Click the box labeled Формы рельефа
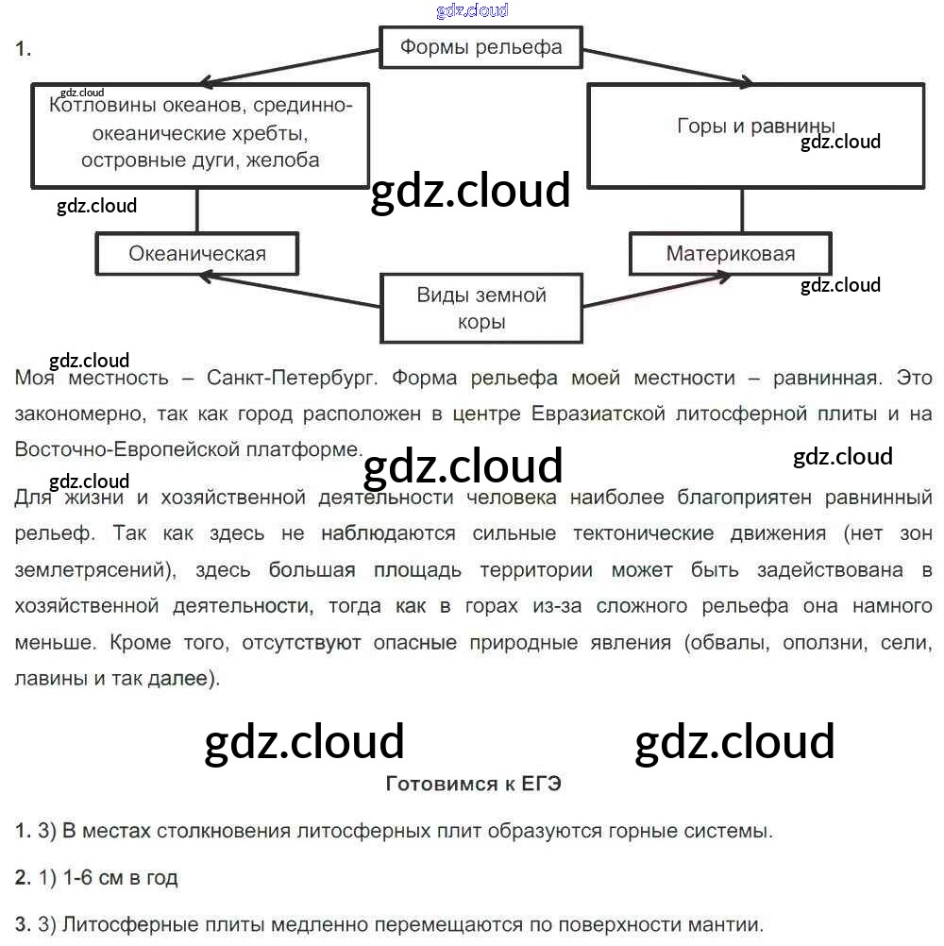[480, 47]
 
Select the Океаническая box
[197, 253]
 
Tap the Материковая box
[730, 253]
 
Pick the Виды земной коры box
[481, 308]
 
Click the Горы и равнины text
[756, 127]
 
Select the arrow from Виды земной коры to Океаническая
[293, 289]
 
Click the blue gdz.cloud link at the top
[472, 10]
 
